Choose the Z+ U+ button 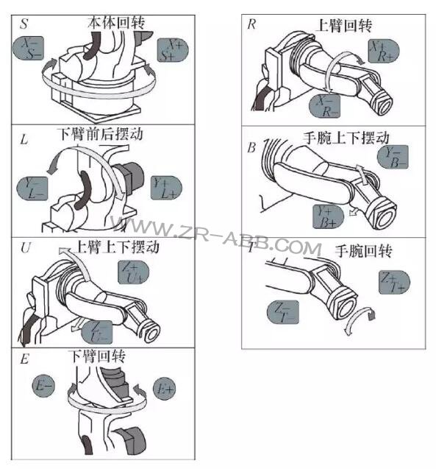134,274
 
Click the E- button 44,384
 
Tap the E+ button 163,387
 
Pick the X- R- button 327,107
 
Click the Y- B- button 397,158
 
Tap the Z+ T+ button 394,281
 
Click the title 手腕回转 363,251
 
